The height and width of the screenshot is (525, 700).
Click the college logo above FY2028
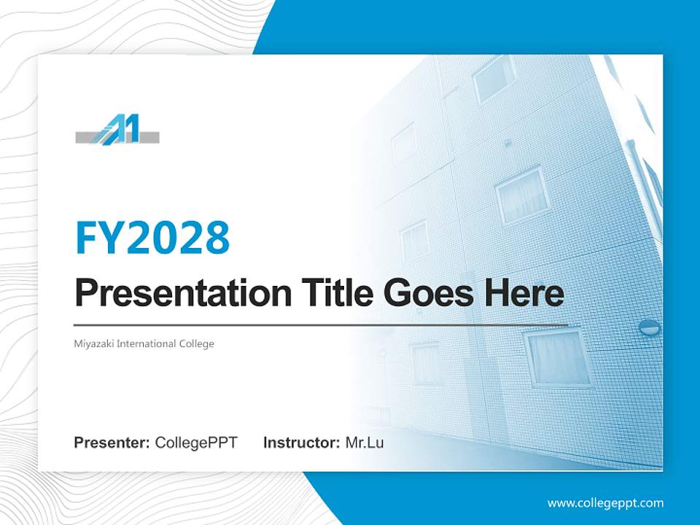[117, 131]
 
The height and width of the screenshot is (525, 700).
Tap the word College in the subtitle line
[196, 343]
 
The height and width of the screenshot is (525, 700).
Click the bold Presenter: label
[112, 443]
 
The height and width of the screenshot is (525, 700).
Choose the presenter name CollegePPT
[196, 443]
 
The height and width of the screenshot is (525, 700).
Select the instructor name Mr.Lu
[365, 443]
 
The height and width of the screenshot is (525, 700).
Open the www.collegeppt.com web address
[605, 502]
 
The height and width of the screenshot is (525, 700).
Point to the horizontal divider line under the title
[321, 324]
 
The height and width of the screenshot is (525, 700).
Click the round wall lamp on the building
[649, 327]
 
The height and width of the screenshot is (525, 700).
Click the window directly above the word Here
[522, 195]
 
